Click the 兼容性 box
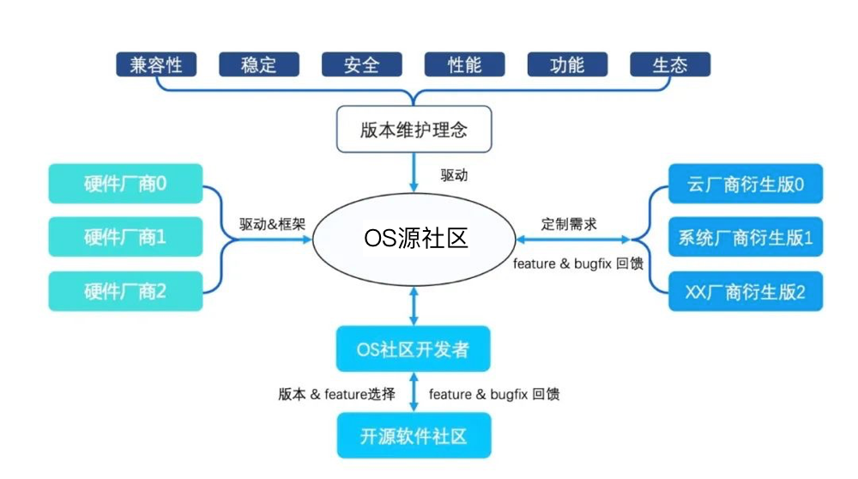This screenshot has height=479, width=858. tap(155, 64)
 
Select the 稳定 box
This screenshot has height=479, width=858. tap(258, 64)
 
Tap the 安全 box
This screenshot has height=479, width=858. tap(361, 64)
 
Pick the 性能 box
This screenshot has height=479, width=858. tap(464, 64)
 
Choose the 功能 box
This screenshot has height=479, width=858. tap(567, 64)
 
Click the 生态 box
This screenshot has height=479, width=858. tap(670, 64)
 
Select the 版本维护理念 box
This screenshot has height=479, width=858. tap(414, 130)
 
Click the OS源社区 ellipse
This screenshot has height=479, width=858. tap(414, 238)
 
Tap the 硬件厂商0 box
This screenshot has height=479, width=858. tap(125, 183)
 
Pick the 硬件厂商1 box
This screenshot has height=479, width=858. tap(125, 237)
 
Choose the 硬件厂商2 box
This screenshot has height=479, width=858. tap(125, 291)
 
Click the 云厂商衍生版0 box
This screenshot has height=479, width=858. tap(745, 184)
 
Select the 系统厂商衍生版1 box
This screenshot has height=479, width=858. tap(745, 238)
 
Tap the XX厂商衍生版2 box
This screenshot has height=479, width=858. tap(745, 292)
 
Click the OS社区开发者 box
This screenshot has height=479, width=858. tap(414, 349)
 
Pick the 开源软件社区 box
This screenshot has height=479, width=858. tap(414, 435)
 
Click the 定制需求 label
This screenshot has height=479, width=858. tap(569, 224)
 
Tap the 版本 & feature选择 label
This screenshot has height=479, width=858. tap(336, 394)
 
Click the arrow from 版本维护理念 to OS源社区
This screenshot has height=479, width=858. tap(414, 172)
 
